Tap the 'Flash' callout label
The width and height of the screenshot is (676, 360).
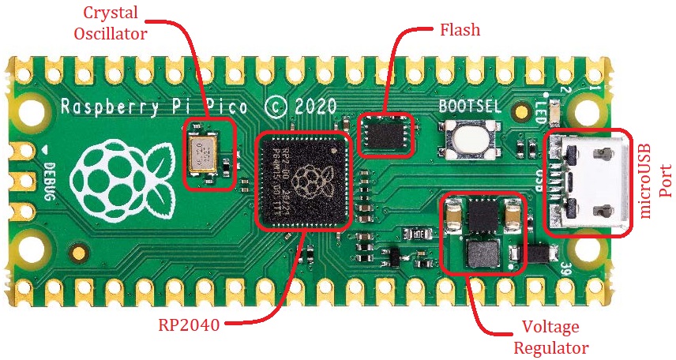[x=460, y=29]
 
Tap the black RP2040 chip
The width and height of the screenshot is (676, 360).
[x=304, y=181]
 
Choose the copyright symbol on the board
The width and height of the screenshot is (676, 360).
[x=274, y=107]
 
